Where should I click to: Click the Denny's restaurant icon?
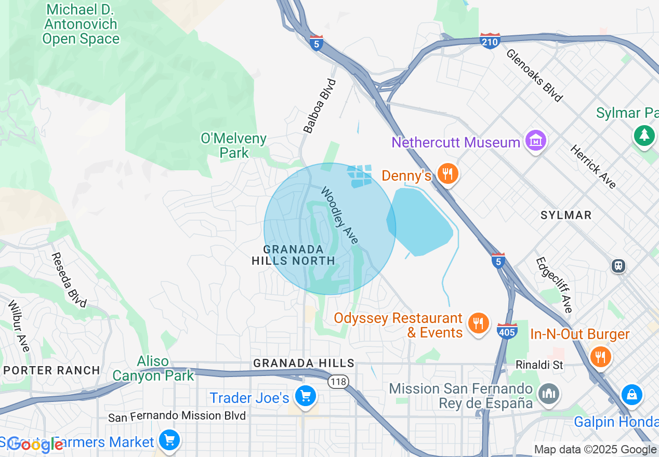[x=446, y=174]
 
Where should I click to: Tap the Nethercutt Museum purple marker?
[x=535, y=141]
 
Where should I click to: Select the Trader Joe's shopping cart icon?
[x=305, y=397]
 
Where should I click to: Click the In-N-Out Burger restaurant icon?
[x=600, y=356]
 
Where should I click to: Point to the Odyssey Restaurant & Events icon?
[x=478, y=323]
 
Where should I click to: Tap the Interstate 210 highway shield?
[x=490, y=41]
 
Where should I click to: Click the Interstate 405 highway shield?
[x=507, y=331]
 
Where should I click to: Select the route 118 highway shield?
[x=338, y=382]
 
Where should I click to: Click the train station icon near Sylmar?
[x=618, y=266]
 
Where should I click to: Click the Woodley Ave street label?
[x=339, y=215]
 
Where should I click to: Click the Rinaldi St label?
[x=539, y=365]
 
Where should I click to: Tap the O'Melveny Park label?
[x=234, y=145]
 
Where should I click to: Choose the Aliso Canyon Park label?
[x=153, y=368]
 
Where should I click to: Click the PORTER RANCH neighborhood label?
[x=51, y=370]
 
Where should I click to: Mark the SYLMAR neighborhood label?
[x=566, y=215]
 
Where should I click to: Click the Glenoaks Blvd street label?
[x=534, y=75]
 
